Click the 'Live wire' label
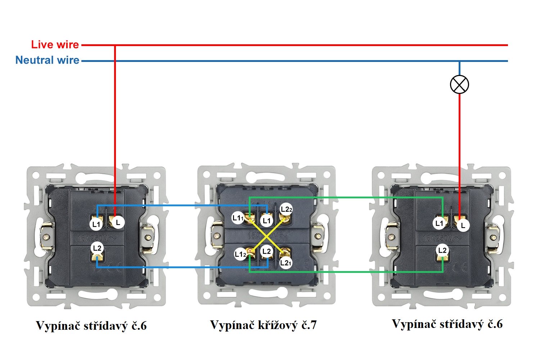tap(55, 45)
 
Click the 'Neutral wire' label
tap(47, 60)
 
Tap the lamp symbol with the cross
tap(459, 85)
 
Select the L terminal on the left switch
tap(118, 222)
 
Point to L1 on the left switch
tap(96, 224)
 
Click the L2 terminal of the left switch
tap(97, 248)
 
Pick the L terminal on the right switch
tap(463, 225)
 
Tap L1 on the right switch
tap(439, 223)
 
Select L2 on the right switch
tap(442, 250)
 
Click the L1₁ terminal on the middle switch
tap(238, 218)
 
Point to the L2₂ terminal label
tap(286, 209)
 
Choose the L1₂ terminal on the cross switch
tap(240, 254)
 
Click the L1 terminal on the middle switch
tap(266, 220)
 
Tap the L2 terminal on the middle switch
tap(266, 251)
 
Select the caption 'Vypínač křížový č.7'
tap(263, 325)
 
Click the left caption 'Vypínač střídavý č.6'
tap(91, 326)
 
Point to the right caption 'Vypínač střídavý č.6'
tap(447, 324)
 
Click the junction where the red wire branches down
tap(115, 45)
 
